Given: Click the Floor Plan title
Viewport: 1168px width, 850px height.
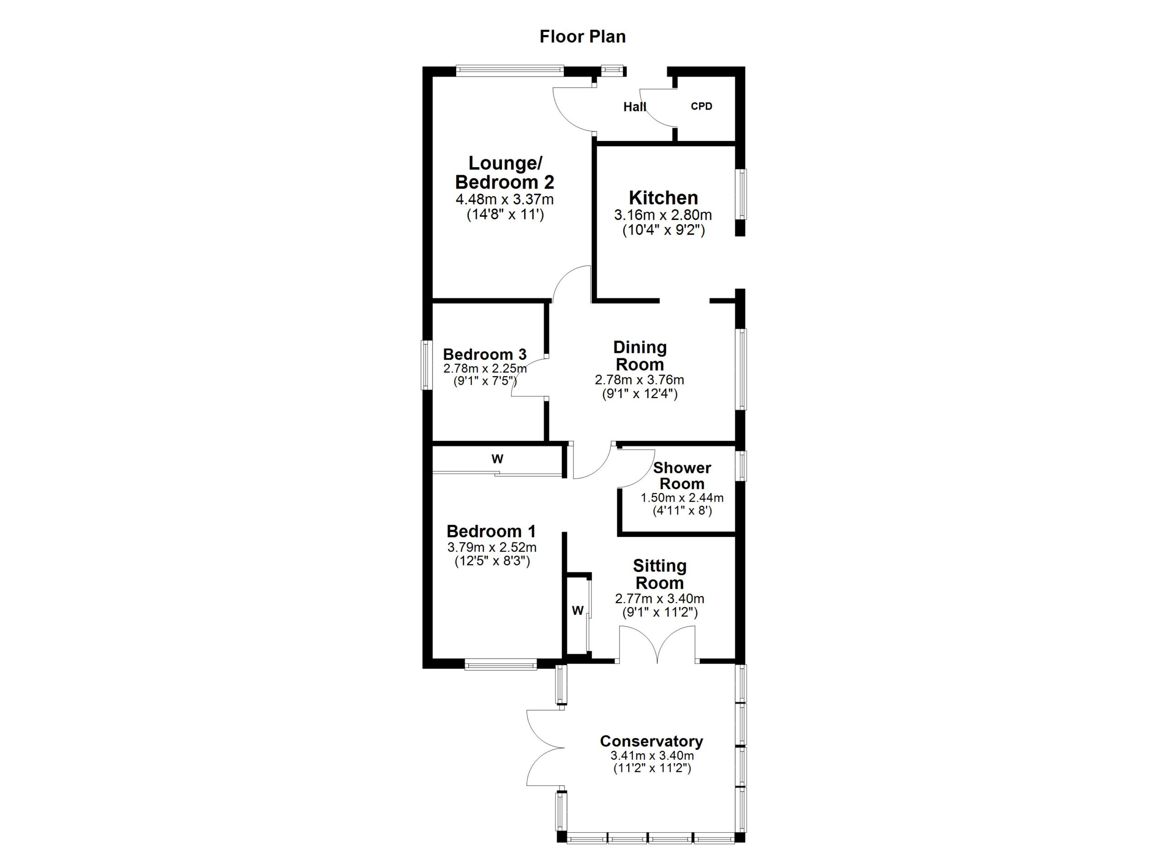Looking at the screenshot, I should (x=583, y=37).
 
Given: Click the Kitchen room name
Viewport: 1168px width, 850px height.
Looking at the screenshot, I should (x=663, y=198).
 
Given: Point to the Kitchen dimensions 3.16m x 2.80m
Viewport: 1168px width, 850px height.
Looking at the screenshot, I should (x=663, y=215).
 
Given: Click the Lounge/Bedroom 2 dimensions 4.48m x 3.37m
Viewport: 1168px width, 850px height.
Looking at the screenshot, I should (x=505, y=199).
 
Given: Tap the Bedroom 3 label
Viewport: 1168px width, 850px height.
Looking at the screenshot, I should (x=485, y=354).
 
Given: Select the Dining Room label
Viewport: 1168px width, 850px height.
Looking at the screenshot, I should (x=640, y=356).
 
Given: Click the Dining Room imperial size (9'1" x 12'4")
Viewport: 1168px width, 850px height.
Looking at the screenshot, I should (x=640, y=394).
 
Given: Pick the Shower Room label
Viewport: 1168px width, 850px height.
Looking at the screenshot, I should (x=682, y=476).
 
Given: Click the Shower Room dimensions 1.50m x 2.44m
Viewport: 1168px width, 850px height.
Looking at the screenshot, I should (x=682, y=498).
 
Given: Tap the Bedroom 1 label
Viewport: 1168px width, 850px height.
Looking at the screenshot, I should (x=491, y=531).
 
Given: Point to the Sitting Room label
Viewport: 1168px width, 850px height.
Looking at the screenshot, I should (x=660, y=574).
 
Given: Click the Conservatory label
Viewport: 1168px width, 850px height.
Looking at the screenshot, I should (x=652, y=741).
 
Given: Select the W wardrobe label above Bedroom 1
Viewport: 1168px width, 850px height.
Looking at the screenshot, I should (x=497, y=459).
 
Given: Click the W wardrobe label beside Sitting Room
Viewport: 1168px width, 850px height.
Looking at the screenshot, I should (x=577, y=611).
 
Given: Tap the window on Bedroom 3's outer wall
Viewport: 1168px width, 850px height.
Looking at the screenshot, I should (x=427, y=365).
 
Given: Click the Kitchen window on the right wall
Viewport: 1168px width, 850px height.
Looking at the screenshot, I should (x=741, y=194).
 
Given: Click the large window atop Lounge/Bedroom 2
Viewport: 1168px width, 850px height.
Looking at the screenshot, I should (x=509, y=71).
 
